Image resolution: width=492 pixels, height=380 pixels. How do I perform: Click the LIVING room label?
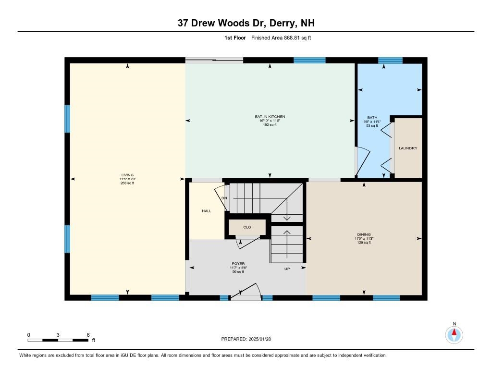coord(127,175)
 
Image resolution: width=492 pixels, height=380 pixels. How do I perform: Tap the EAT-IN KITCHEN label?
coord(270,117)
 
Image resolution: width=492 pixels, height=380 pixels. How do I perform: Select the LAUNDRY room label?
coord(408,148)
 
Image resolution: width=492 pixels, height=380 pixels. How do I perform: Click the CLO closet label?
coord(247,226)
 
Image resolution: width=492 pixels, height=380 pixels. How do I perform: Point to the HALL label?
coord(207,211)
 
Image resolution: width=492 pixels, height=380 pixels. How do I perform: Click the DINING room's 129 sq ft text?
coord(364,243)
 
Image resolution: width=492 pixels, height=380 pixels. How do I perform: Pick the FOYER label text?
coord(238,263)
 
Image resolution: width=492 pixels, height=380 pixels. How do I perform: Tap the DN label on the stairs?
coord(224,198)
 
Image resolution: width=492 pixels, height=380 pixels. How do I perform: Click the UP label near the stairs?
coord(287,269)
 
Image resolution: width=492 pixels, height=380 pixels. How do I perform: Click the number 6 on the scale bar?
coord(88,334)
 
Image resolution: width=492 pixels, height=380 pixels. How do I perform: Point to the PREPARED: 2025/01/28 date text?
coord(249,339)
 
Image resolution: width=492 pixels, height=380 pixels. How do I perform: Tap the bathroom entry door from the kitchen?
coord(362,161)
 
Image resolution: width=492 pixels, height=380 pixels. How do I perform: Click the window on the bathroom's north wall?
coord(390,61)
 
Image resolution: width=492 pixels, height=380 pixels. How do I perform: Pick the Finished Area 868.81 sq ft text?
coord(281,37)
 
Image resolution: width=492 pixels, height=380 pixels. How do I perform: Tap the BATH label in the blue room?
coord(372,117)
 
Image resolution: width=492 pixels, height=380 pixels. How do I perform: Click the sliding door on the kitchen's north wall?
coord(214,60)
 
